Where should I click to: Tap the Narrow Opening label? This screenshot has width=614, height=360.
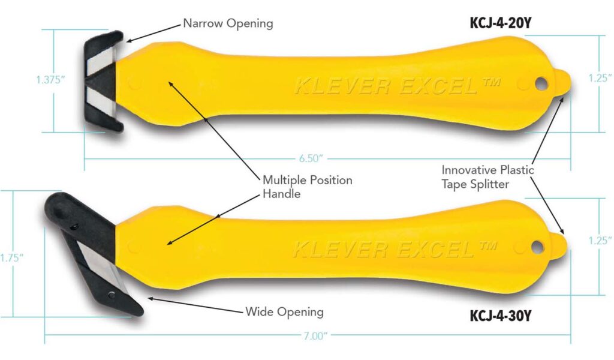click(x=228, y=24)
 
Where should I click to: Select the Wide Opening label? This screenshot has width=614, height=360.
click(x=284, y=312)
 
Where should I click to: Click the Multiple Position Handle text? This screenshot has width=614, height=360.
click(x=308, y=187)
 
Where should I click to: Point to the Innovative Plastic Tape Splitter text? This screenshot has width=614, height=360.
click(x=487, y=177)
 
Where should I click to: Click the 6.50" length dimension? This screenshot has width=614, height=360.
click(x=311, y=158)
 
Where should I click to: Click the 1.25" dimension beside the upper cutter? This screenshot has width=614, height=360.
click(x=600, y=78)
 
